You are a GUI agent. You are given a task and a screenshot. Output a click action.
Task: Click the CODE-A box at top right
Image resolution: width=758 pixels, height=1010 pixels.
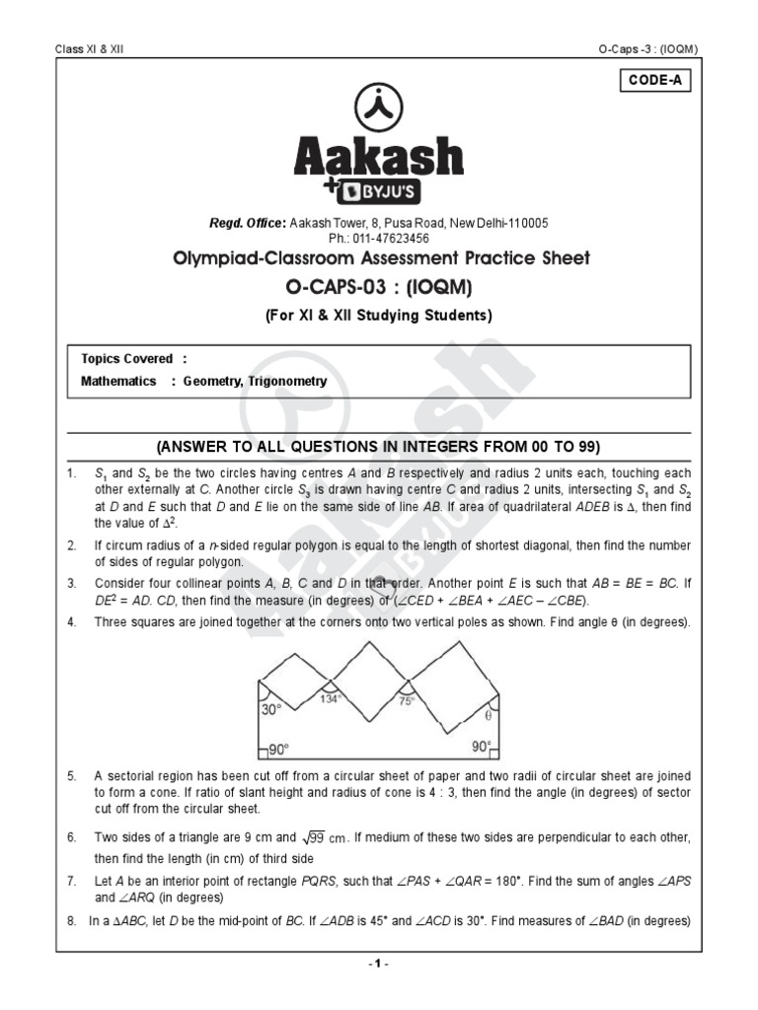(654, 81)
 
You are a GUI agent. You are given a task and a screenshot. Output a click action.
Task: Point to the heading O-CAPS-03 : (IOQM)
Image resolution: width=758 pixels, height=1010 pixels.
(379, 287)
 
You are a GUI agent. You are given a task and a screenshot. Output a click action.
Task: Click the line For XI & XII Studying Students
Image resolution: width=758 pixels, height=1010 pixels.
(379, 316)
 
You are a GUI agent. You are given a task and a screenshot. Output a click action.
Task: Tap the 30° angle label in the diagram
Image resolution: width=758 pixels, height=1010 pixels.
(271, 709)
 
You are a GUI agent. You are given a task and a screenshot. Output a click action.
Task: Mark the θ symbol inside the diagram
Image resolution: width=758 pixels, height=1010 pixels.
(489, 715)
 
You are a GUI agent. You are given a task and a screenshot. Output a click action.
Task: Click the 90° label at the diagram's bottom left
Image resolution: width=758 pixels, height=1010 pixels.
(279, 749)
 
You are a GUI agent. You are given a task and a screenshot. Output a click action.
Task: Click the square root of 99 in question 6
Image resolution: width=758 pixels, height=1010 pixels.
(321, 836)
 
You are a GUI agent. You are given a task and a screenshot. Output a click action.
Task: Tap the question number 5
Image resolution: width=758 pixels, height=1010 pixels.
(71, 776)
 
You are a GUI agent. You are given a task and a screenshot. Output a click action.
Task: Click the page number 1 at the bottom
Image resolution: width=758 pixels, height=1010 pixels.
(379, 964)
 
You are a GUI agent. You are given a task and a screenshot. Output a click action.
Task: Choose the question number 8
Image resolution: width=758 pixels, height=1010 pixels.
(71, 922)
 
